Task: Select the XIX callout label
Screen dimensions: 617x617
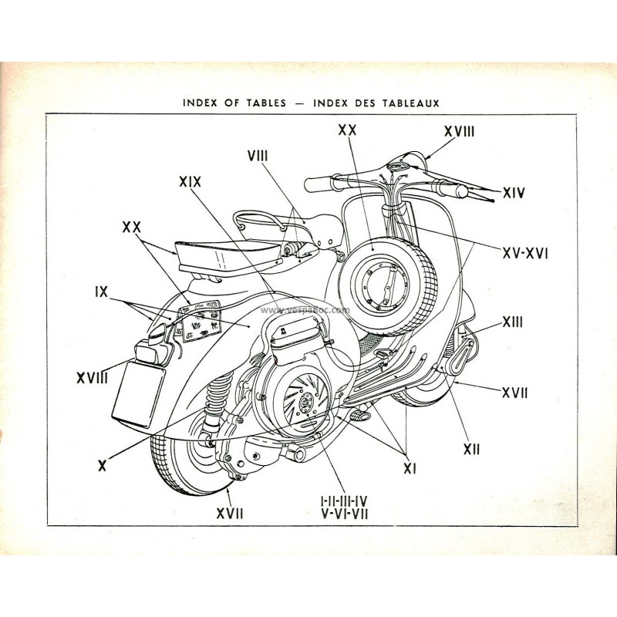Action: (190, 182)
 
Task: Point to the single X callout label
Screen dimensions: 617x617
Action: (102, 465)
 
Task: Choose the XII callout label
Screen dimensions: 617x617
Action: (470, 447)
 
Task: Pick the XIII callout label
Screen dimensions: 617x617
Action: (511, 322)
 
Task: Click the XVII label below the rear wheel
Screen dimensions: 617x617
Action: (229, 512)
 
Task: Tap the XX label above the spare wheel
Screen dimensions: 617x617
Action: (347, 131)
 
